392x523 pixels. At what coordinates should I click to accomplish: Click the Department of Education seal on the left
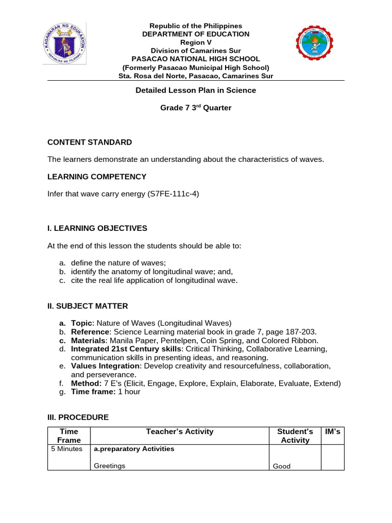pyautogui.click(x=64, y=43)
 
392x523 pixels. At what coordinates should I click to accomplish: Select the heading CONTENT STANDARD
pyautogui.click(x=90, y=142)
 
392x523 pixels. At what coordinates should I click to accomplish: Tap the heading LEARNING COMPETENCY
pyautogui.click(x=97, y=177)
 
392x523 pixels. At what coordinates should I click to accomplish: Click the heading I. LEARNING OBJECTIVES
pyautogui.click(x=97, y=228)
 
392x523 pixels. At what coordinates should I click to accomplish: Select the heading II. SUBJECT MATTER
pyautogui.click(x=88, y=306)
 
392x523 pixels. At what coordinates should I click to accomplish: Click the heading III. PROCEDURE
pyautogui.click(x=78, y=417)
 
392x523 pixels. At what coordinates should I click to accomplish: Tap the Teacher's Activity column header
pyautogui.click(x=180, y=432)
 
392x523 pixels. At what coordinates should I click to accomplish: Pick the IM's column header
pyautogui.click(x=332, y=432)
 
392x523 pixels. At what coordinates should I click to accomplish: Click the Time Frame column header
pyautogui.click(x=69, y=436)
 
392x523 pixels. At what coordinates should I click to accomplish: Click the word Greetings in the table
pyautogui.click(x=110, y=466)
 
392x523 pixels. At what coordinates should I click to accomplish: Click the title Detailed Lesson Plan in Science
pyautogui.click(x=195, y=90)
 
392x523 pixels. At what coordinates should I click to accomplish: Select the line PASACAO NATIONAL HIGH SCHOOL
pyautogui.click(x=195, y=59)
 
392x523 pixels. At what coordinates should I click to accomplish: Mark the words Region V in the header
pyautogui.click(x=195, y=42)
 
